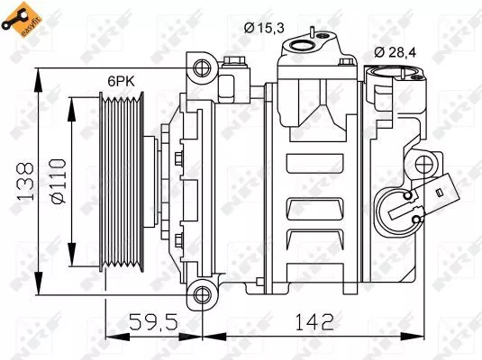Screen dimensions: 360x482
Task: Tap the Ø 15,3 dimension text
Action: coord(265,28)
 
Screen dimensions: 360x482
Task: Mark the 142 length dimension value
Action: coord(313,321)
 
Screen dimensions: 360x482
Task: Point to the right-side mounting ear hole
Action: coord(423,166)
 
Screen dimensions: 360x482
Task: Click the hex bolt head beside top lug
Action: coord(236,62)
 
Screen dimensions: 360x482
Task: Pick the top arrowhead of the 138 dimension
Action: coord(38,70)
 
